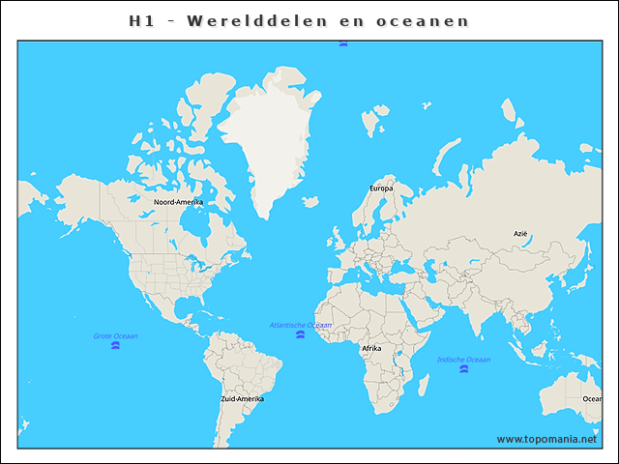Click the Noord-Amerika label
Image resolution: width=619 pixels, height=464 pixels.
[x=179, y=202]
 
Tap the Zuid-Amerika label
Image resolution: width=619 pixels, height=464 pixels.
[x=242, y=398]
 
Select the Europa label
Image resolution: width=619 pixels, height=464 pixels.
[x=381, y=188]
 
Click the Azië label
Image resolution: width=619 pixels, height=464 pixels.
[x=520, y=234]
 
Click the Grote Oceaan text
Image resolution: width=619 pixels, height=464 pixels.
[x=115, y=335]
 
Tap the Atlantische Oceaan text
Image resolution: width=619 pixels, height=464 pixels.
[x=300, y=325]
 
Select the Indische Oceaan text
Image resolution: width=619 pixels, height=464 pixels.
[x=463, y=360]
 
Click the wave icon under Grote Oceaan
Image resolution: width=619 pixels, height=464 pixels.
[x=115, y=345]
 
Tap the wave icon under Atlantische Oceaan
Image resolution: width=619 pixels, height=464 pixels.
[x=298, y=334]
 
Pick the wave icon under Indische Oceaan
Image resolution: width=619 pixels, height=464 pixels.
[x=464, y=369]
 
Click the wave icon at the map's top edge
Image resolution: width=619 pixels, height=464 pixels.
[x=343, y=43]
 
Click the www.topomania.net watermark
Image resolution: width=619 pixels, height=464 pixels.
[x=546, y=439]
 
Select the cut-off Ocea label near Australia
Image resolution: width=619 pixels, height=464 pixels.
[x=591, y=398]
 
